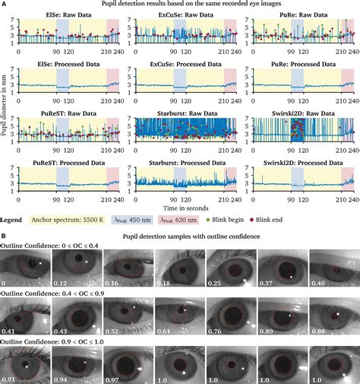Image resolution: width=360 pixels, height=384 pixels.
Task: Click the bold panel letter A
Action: point(5,5)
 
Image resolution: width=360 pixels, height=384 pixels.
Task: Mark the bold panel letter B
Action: point(5,247)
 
